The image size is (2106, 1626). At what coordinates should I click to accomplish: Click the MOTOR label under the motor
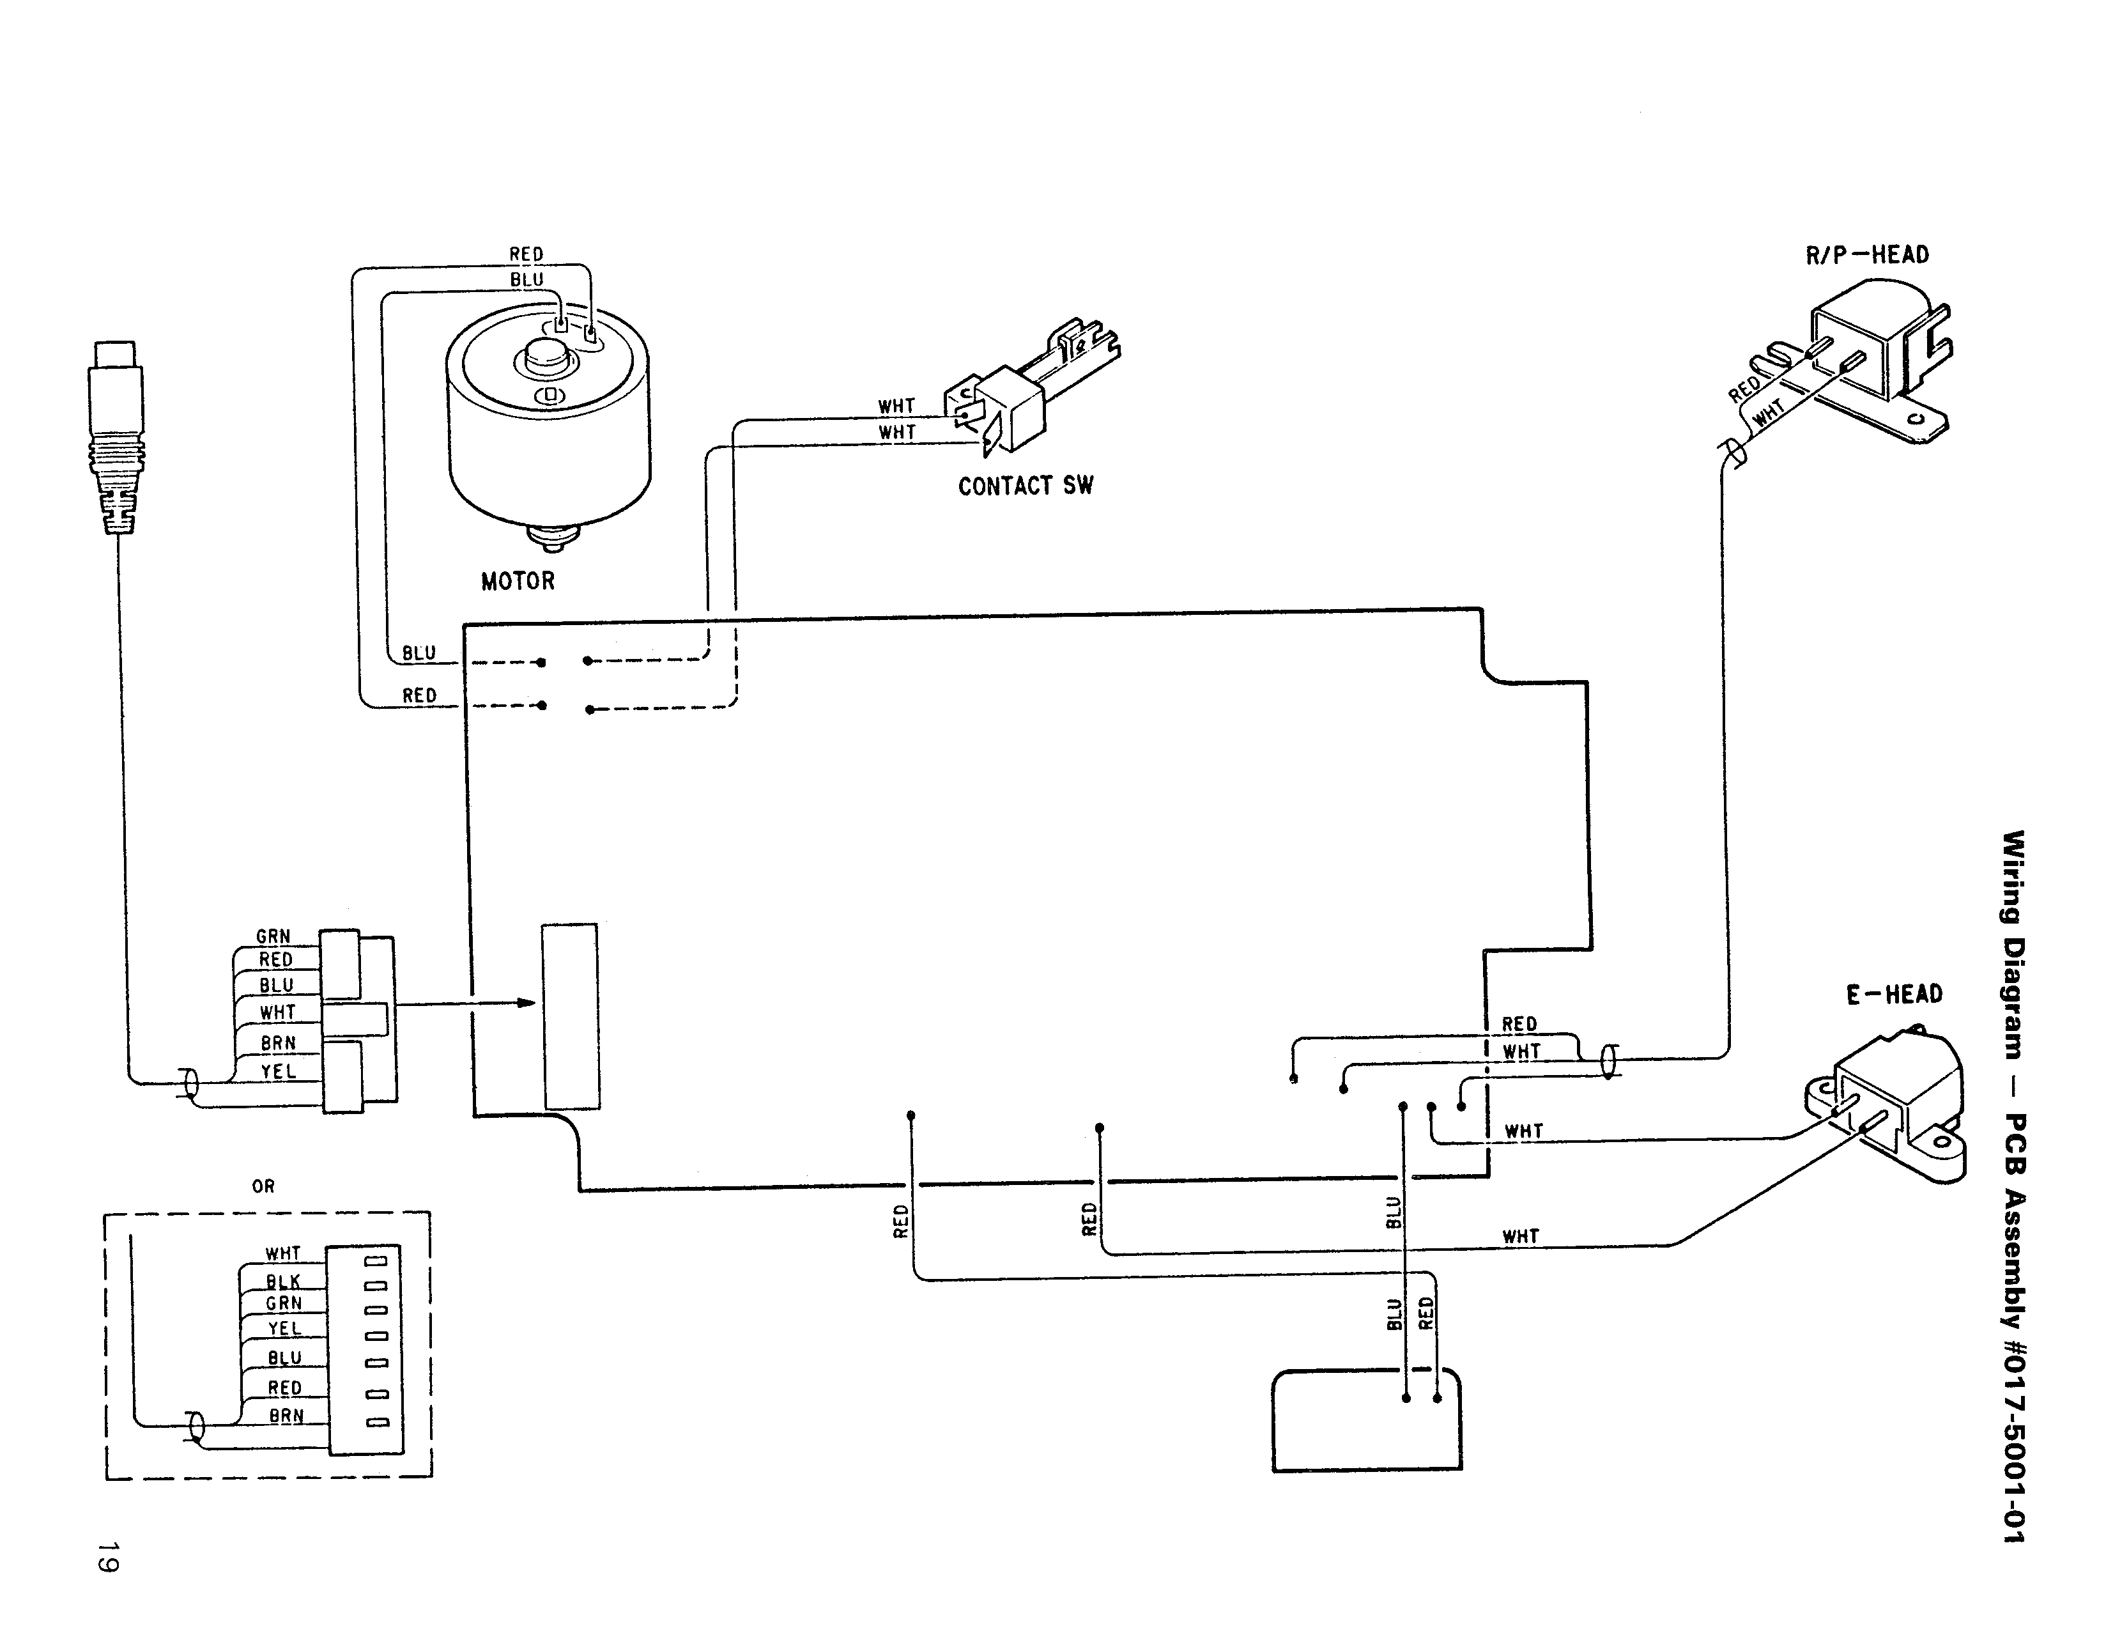[518, 582]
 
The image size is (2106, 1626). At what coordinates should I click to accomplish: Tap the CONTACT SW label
[1025, 486]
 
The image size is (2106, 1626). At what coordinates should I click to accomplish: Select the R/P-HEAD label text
[1867, 256]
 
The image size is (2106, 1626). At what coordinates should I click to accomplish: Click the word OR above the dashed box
[263, 1186]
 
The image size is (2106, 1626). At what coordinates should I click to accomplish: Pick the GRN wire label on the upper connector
[273, 936]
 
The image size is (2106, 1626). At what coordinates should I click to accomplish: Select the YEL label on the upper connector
[278, 1071]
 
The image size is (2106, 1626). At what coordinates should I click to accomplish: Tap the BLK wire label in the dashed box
[284, 1281]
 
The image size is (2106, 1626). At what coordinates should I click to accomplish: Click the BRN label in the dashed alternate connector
[286, 1416]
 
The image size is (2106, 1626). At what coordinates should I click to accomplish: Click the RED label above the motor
[526, 254]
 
